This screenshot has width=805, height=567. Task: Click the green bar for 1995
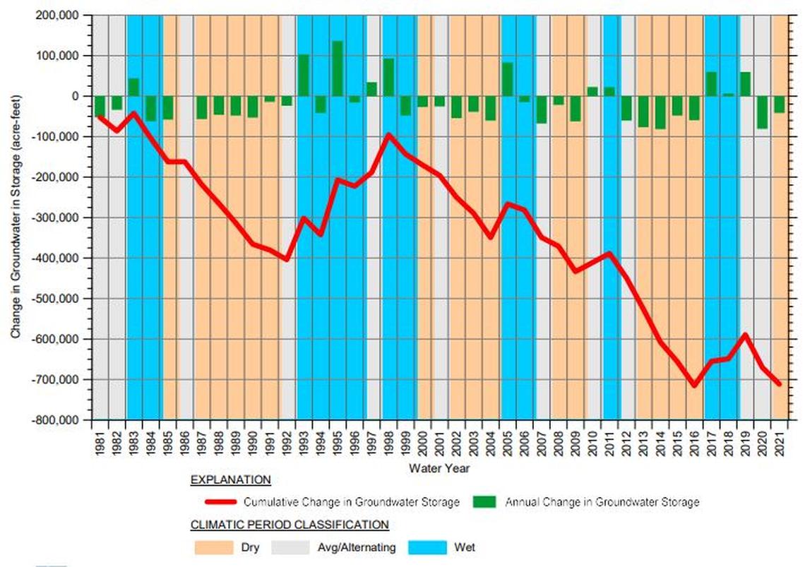pyautogui.click(x=337, y=68)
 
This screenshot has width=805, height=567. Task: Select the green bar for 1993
pyautogui.click(x=303, y=75)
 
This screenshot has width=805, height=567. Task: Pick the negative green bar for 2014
pyautogui.click(x=660, y=112)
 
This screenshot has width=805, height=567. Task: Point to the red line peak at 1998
pyautogui.click(x=388, y=134)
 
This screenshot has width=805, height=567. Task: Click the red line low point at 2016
pyautogui.click(x=694, y=386)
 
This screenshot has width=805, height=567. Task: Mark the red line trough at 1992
pyautogui.click(x=286, y=259)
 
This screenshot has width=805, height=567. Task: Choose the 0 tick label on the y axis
pyautogui.click(x=80, y=96)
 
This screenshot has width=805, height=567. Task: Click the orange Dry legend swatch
pyautogui.click(x=213, y=547)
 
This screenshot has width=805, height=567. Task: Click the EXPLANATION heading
pyautogui.click(x=230, y=480)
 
